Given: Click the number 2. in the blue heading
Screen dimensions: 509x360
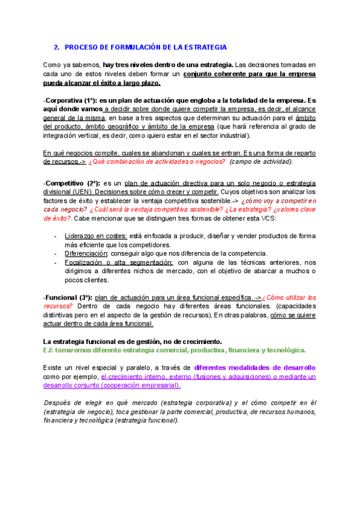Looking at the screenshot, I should pos(56,47).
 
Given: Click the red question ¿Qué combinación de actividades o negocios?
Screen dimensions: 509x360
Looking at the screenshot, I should pos(157,162).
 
